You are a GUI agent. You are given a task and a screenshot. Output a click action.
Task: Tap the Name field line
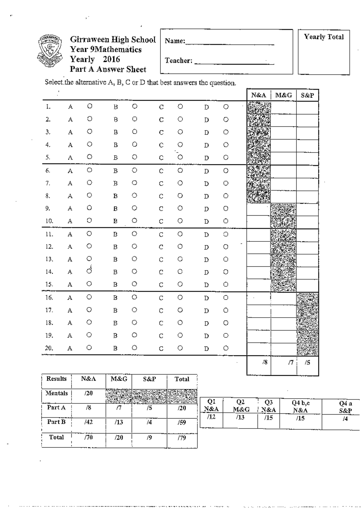click(229, 44)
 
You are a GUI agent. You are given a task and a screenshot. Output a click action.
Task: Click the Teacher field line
click(234, 64)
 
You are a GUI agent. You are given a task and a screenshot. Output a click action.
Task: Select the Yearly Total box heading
click(324, 37)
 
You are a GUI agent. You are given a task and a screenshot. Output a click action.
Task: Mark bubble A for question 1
click(89, 106)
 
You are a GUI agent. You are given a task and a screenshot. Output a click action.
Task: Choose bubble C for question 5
click(180, 157)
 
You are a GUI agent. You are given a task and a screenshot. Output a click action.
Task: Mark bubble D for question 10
click(226, 221)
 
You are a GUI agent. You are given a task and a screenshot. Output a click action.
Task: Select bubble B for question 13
click(135, 259)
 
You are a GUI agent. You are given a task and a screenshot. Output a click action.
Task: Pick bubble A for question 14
click(89, 271)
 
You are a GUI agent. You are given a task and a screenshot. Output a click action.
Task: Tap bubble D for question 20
click(226, 348)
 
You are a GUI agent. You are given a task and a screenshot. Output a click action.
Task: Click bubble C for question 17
click(180, 310)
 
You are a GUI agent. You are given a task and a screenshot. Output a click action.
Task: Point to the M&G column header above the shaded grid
click(284, 95)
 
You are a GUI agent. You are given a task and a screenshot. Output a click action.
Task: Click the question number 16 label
click(49, 298)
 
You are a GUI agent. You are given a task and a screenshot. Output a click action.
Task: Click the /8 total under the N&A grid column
click(265, 362)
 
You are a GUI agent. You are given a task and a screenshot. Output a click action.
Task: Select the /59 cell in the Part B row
click(182, 422)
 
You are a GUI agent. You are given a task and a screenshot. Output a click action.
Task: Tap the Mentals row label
click(56, 393)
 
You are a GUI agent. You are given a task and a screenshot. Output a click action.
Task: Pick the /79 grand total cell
click(182, 438)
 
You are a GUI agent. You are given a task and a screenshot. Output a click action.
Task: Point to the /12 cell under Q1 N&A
click(211, 417)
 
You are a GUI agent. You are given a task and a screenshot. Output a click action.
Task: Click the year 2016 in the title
click(111, 59)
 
